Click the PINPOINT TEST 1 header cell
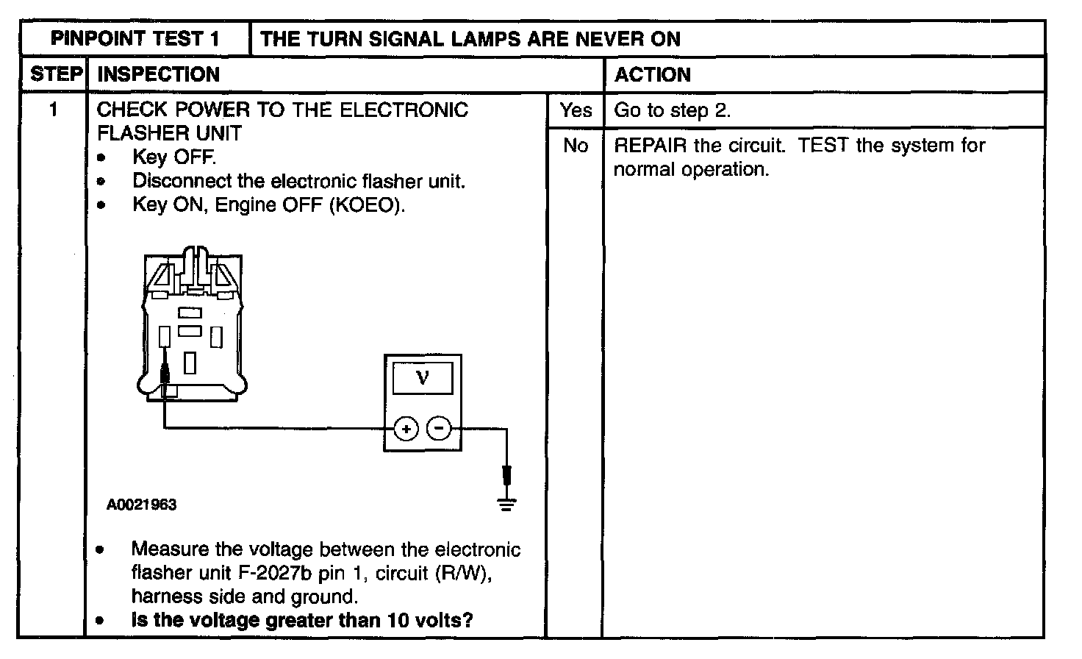click(x=135, y=39)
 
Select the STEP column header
click(x=55, y=75)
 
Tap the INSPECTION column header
click(x=158, y=75)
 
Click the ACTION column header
click(x=653, y=75)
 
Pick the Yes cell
click(x=576, y=110)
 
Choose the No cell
click(x=576, y=146)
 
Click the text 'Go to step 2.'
click(x=672, y=110)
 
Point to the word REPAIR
click(x=650, y=146)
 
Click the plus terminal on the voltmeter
click(x=406, y=428)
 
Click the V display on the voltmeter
click(x=423, y=379)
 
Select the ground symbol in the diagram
click(x=506, y=504)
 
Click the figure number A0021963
click(x=141, y=505)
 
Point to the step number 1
click(x=53, y=110)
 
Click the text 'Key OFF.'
click(x=174, y=157)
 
